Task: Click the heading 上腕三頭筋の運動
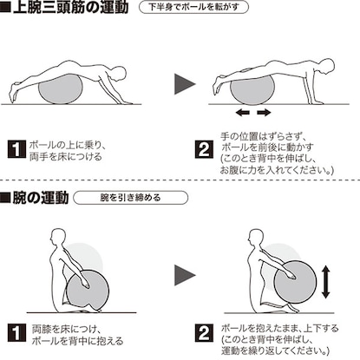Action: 64,7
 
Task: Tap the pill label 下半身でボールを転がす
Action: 193,7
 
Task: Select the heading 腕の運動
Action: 35,198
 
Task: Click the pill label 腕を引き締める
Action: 130,198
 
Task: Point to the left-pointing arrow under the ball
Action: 243,112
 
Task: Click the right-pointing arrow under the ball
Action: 264,112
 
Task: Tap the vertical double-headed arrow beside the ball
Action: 326,282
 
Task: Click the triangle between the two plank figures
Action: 185,84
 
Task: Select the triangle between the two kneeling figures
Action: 185,275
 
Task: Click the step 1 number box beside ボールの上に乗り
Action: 16,149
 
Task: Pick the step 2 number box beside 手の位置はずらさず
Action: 204,149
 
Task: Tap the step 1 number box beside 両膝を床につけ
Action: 16,333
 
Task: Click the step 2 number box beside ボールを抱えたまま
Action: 204,333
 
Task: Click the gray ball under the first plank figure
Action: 61,89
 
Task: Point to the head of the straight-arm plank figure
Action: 327,67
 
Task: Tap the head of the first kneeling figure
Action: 58,238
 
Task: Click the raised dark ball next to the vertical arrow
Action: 295,281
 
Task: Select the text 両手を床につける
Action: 66,157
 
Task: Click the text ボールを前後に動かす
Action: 267,147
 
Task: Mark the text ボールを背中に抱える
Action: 77,341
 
